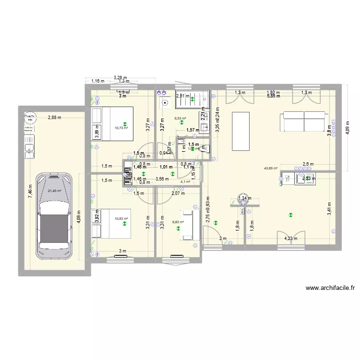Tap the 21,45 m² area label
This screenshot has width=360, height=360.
click(54, 191)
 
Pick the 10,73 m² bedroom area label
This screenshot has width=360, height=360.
click(121, 128)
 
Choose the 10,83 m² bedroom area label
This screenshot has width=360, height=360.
click(121, 219)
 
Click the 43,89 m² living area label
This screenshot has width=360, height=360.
click(271, 168)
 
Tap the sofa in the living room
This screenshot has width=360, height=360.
click(304, 121)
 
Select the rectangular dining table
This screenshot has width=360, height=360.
click(241, 131)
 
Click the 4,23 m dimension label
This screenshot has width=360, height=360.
click(291, 238)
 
